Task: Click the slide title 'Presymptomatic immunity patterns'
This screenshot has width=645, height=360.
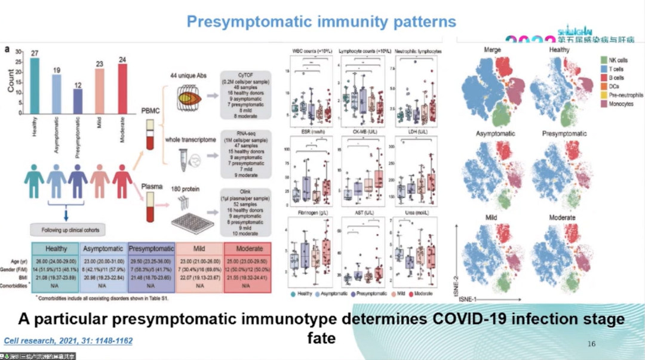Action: coord(321,22)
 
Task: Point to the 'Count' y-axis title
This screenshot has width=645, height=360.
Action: coord(11,79)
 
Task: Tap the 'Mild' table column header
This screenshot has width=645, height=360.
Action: coord(198,248)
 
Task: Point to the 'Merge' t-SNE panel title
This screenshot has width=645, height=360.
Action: coord(493,51)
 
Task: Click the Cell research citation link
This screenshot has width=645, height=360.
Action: coord(68,340)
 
